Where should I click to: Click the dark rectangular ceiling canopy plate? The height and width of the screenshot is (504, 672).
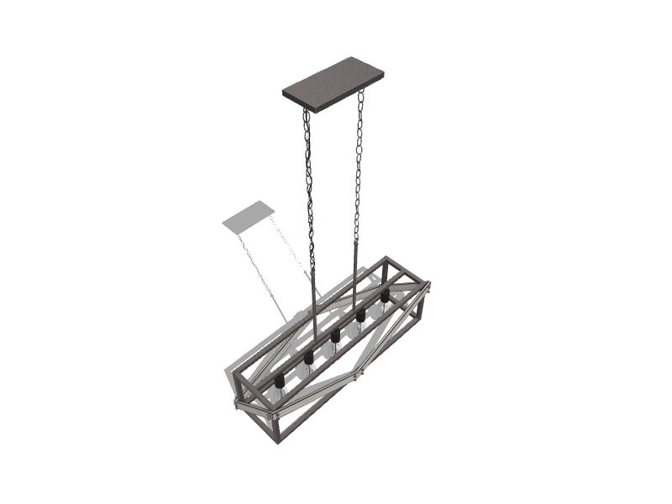(x=333, y=83)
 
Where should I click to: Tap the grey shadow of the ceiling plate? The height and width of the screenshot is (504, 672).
(x=249, y=215)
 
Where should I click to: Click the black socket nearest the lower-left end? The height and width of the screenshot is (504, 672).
(x=280, y=381)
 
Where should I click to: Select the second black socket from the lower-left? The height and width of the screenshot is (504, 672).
(x=308, y=358)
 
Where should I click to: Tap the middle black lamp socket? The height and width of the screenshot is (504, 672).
(x=334, y=336)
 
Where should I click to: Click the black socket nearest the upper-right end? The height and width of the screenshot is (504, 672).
(x=385, y=296)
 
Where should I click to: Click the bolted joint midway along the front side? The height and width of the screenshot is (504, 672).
(x=357, y=375)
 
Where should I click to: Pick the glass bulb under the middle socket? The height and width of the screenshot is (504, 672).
(x=334, y=351)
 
